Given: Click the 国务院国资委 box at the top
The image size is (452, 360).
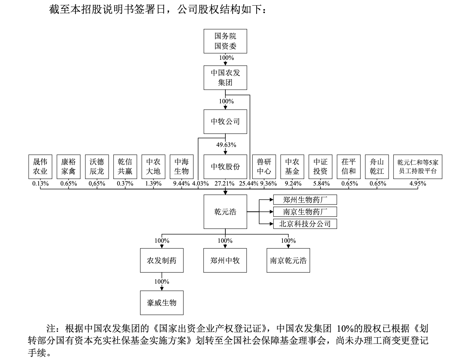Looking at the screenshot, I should point(225,41).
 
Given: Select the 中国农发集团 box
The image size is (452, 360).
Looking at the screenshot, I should point(225,78).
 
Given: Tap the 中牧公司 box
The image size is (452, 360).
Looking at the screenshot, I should point(225,122).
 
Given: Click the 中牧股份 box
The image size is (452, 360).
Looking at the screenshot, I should point(225,167).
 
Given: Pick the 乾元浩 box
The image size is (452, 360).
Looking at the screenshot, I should point(225,212).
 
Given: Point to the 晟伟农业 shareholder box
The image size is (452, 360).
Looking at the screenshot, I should point(40,167).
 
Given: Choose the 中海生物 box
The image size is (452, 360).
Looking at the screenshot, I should point(182,167).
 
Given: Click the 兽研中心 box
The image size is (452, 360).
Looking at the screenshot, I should point(264,167).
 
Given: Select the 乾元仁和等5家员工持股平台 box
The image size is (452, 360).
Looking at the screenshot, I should point(418,167).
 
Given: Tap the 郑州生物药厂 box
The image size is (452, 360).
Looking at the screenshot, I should point(305,200).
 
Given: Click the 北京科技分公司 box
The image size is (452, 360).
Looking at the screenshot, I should point(305,224).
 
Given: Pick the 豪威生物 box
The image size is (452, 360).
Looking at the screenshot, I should point(162,303).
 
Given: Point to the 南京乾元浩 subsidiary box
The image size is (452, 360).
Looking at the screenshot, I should point(288,261).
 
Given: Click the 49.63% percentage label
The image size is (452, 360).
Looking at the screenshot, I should point(226,145).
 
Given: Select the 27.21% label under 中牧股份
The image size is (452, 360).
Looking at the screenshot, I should point(224,184).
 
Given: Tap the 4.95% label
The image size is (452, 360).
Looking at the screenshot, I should point(418,184).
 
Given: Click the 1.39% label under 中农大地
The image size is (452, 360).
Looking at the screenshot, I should point(153,184).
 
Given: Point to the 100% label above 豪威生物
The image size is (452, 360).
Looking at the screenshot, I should point(162,282).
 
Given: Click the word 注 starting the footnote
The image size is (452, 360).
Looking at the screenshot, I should point(51,328).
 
